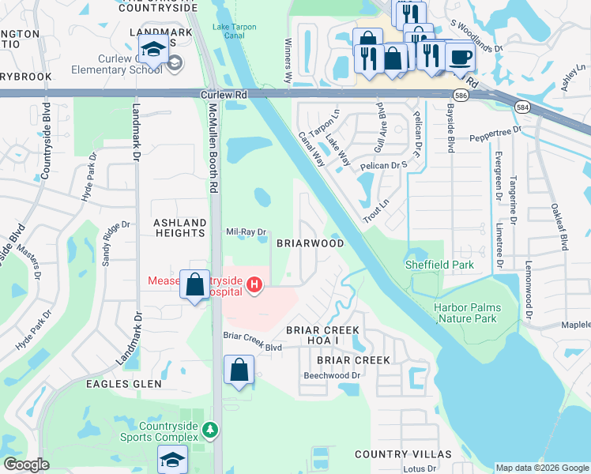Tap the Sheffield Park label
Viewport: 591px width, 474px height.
[x=439, y=265]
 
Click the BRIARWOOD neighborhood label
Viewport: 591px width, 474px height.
[x=310, y=244]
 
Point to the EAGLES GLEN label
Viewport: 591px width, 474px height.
[x=125, y=384]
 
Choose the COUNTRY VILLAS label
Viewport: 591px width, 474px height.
[x=403, y=454]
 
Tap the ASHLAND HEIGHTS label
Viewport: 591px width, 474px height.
[x=179, y=228]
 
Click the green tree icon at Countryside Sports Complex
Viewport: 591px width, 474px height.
[x=209, y=430]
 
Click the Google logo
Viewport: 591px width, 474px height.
[x=26, y=465]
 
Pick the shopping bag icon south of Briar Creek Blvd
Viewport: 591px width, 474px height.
[x=239, y=370]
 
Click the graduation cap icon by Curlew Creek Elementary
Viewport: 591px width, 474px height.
[x=153, y=49]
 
